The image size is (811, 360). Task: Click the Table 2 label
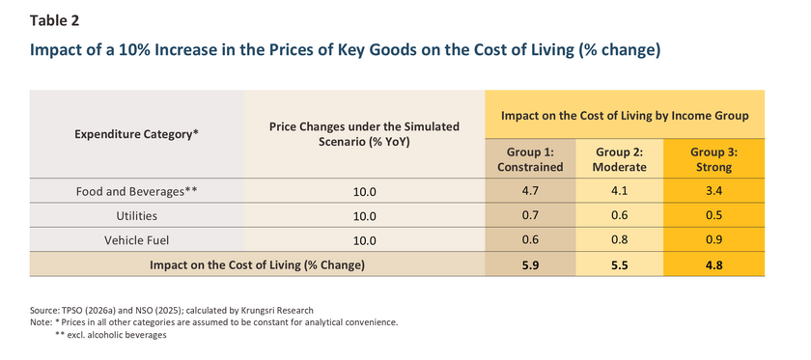pyautogui.click(x=54, y=20)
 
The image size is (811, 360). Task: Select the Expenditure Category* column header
pyautogui.click(x=136, y=134)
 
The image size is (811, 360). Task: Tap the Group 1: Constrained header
pyautogui.click(x=530, y=160)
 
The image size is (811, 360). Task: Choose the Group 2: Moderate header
pyautogui.click(x=619, y=160)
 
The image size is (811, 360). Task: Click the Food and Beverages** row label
pyautogui.click(x=136, y=191)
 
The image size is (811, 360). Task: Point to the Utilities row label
pyautogui.click(x=136, y=215)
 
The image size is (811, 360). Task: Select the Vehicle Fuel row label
pyautogui.click(x=136, y=240)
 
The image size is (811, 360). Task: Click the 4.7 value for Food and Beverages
pyautogui.click(x=530, y=191)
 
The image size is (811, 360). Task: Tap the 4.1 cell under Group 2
pyautogui.click(x=619, y=191)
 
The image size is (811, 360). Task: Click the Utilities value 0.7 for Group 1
pyautogui.click(x=530, y=215)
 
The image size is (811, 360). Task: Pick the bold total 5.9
pyautogui.click(x=530, y=265)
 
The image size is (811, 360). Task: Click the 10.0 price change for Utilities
pyautogui.click(x=364, y=216)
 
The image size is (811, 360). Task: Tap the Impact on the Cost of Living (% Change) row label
pyautogui.click(x=257, y=265)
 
